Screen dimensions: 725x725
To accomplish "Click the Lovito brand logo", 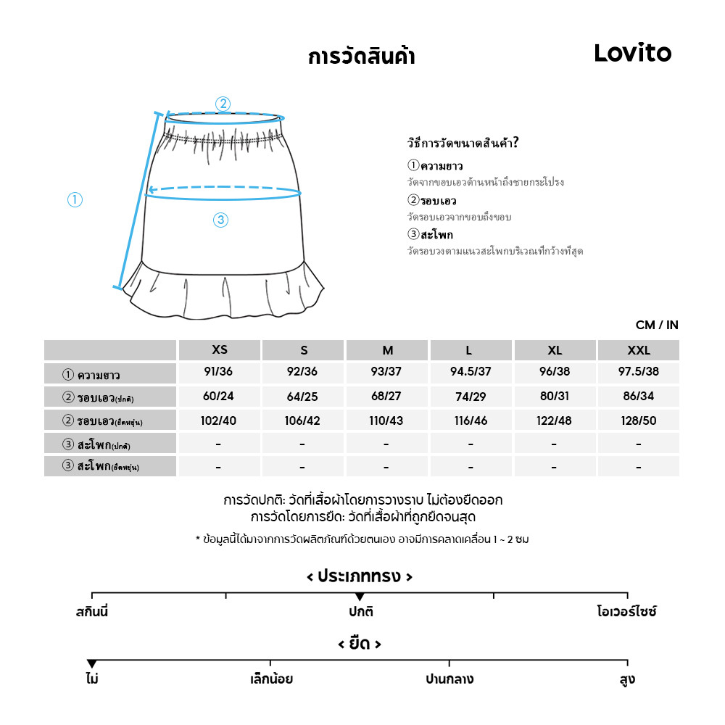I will [632, 53].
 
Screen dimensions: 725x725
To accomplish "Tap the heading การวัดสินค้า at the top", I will [361, 57].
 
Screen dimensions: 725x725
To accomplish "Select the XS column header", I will [220, 350].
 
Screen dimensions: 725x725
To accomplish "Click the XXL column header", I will [638, 350].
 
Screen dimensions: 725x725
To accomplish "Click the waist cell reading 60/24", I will [220, 397].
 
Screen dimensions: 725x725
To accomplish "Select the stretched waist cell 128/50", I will [638, 420].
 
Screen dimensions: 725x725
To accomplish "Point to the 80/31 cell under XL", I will [555, 397].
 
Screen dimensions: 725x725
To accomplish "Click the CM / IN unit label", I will [657, 325].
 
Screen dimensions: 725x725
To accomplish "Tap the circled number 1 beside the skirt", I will [75, 199].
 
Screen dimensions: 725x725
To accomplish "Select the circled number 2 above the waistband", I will [223, 104].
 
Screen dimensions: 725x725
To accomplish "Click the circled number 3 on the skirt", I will [221, 220].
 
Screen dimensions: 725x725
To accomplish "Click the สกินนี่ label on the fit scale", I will [92, 611].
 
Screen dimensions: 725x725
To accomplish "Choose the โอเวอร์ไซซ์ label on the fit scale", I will [626, 611].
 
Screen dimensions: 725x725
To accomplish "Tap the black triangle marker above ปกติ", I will [360, 597].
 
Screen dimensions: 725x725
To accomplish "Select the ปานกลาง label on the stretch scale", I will [449, 679].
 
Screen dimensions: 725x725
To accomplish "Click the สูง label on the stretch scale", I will [628, 679].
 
